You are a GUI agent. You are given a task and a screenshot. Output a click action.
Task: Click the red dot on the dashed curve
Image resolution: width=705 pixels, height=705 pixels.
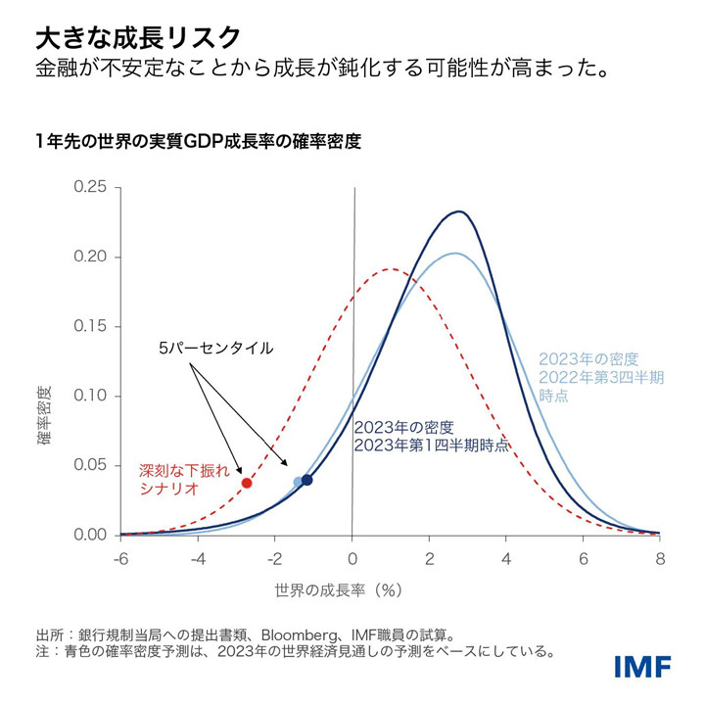click(247, 483)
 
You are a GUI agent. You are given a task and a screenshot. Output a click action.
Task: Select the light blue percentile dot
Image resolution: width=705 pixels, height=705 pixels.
click(299, 481)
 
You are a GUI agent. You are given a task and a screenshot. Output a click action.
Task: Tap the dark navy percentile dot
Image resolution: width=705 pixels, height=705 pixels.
click(307, 480)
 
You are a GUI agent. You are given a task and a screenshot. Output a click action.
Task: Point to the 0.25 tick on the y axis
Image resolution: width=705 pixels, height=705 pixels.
click(92, 188)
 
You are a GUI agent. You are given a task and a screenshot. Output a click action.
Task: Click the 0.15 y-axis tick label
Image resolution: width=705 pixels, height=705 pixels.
click(92, 327)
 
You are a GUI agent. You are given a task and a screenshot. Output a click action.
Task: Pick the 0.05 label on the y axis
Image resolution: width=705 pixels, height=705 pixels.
click(92, 466)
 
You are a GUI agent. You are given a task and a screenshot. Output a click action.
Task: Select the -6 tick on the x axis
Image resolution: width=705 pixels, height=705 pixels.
click(120, 559)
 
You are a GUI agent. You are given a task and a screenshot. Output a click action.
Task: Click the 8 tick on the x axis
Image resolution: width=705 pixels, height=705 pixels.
click(660, 559)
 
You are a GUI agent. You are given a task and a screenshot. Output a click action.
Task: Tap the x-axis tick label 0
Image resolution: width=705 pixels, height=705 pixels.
click(352, 559)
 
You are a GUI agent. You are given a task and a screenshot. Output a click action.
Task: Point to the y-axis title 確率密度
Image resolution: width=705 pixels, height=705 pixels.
click(45, 415)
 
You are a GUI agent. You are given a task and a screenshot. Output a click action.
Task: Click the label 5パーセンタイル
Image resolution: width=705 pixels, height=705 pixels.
click(215, 348)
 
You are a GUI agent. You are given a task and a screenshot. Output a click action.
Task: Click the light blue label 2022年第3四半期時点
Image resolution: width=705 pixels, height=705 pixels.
click(600, 376)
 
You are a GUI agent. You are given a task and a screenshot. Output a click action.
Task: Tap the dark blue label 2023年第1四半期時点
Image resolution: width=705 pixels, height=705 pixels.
click(431, 436)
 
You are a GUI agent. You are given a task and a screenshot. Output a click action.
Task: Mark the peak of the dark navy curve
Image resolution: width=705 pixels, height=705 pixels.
click(458, 211)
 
